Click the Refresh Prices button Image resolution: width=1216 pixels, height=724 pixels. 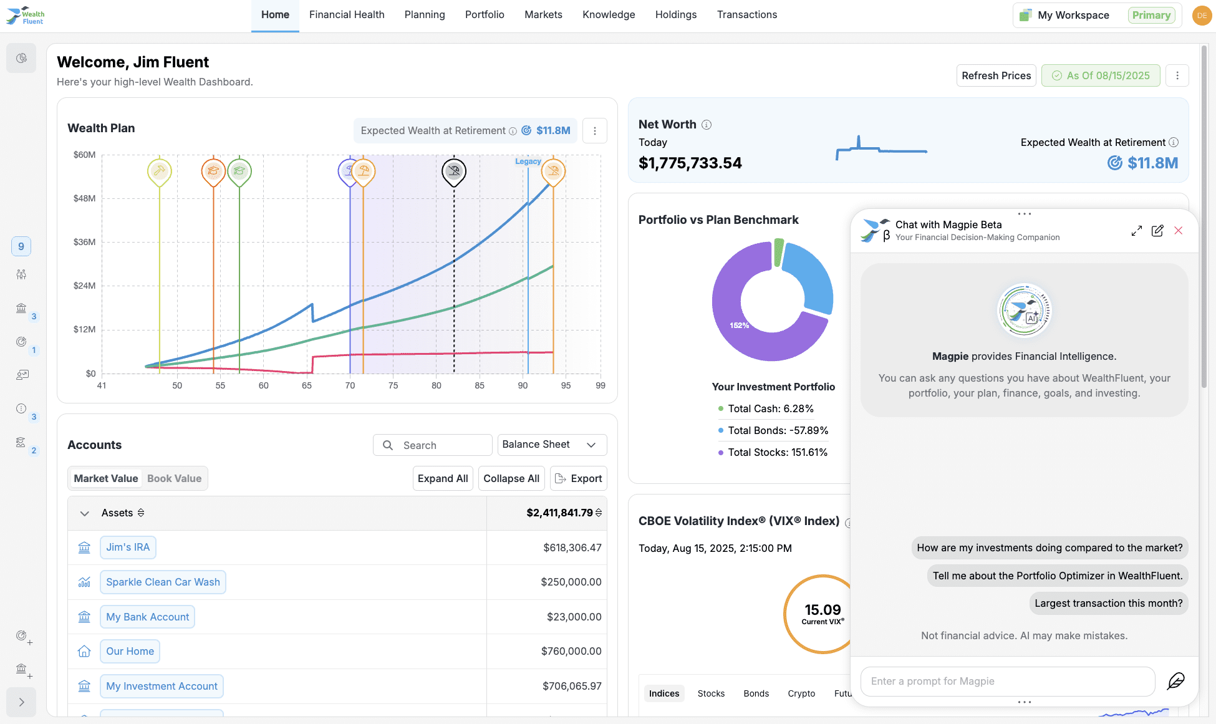tap(996, 75)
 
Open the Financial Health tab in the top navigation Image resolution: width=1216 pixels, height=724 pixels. tap(347, 14)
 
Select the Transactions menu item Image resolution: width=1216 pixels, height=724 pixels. tap(746, 14)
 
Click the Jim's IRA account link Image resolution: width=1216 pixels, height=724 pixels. tap(128, 547)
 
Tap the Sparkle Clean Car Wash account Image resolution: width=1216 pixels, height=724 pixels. tap(163, 582)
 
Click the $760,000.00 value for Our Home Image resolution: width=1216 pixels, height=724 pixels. tap(571, 651)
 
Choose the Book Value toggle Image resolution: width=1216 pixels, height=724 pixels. tap(174, 478)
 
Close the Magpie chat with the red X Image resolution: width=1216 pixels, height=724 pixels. tap(1178, 231)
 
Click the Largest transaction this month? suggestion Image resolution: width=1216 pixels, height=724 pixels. tap(1108, 603)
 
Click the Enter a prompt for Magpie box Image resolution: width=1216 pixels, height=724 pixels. tap(1007, 681)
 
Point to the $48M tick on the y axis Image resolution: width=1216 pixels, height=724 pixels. tap(85, 198)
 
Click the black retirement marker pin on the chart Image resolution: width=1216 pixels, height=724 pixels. tap(454, 171)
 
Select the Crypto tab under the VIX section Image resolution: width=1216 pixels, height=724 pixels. tap(801, 693)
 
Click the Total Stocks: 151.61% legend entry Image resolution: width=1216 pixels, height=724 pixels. tap(777, 452)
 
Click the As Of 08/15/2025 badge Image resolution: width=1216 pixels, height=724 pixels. tap(1101, 75)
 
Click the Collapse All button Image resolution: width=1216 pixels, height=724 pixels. tap(511, 478)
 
